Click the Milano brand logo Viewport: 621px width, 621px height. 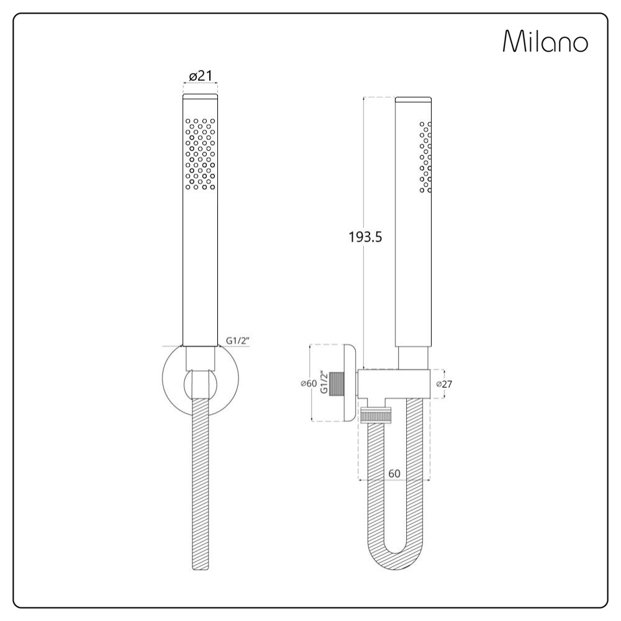tap(545, 41)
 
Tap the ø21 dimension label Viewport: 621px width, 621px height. tap(201, 75)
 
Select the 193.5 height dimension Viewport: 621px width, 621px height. tap(365, 237)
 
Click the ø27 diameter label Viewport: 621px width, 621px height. tap(444, 384)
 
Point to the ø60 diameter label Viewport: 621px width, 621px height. tap(309, 383)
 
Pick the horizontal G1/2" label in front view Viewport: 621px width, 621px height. tap(238, 340)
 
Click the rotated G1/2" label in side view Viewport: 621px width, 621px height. tap(324, 383)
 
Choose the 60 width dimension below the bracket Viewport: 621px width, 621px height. tap(394, 473)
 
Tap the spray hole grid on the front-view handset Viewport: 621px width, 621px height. tap(201, 153)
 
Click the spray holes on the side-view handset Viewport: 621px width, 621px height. tap(425, 157)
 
